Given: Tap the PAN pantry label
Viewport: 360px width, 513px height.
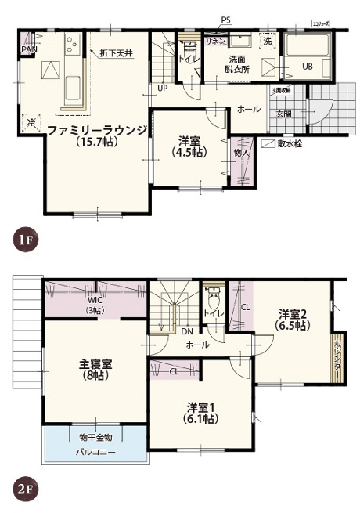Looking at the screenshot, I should pos(28,49).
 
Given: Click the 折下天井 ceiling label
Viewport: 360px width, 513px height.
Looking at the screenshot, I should pos(117,53).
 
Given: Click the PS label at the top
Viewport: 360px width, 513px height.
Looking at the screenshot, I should pos(225,20).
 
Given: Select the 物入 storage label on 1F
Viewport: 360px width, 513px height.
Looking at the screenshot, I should pos(242,152).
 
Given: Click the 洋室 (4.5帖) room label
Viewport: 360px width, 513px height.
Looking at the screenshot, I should pos(189,146).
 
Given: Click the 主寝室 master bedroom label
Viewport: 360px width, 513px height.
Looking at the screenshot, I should pos(95,370).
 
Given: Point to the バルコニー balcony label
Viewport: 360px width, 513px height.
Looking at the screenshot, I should pos(95,452).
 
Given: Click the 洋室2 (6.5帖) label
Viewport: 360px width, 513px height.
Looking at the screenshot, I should pos(293,320).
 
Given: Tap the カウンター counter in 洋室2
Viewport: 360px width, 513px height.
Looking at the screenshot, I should pos(339,356).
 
